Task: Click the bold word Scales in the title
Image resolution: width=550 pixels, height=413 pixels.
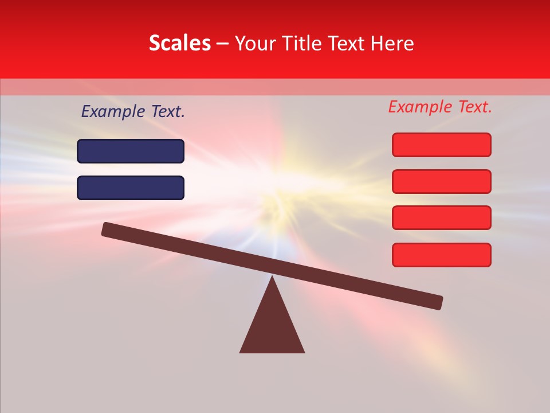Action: [x=180, y=43]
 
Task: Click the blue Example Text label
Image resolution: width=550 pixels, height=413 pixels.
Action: [x=133, y=112]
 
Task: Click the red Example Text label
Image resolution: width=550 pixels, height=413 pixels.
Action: [x=440, y=107]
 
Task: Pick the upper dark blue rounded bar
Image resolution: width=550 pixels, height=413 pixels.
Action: [x=131, y=151]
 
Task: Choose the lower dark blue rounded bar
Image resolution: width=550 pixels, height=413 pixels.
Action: [x=131, y=188]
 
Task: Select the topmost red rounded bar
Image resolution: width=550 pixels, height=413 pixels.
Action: [x=442, y=145]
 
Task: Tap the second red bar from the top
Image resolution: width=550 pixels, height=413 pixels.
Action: [x=442, y=181]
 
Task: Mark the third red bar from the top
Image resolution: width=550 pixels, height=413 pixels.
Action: [x=442, y=218]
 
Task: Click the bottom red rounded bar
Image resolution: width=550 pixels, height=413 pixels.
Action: [x=442, y=255]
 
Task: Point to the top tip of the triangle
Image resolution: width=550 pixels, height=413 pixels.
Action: [x=272, y=278]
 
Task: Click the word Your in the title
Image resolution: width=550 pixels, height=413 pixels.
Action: [x=254, y=43]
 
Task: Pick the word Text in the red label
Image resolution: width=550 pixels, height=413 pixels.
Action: [x=474, y=107]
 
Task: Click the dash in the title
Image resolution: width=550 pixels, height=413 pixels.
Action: [x=223, y=44]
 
